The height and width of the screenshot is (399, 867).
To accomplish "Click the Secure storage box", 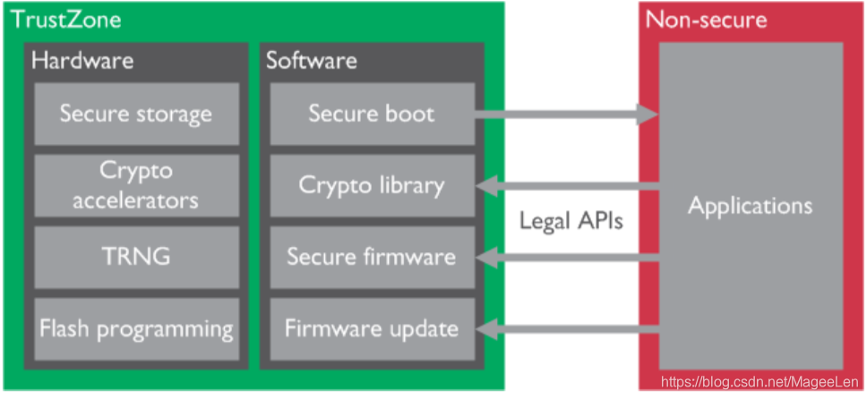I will [136, 115].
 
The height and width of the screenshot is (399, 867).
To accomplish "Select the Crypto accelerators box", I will [136, 185].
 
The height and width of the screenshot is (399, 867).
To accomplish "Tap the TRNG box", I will [136, 257].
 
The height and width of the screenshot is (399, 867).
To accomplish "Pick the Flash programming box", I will [136, 328].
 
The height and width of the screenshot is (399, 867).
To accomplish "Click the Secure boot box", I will [371, 115].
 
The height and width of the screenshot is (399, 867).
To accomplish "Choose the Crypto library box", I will [371, 185].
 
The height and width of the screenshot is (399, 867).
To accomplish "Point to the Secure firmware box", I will [371, 257].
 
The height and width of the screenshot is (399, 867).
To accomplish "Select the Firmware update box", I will [371, 328].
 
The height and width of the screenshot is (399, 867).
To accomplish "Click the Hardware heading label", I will [82, 61].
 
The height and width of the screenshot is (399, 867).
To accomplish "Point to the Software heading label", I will [311, 61].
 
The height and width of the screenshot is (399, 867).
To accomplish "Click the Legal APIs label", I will [571, 221].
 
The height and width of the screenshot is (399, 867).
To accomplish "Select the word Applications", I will [750, 206].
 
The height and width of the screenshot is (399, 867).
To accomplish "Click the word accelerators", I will [136, 199].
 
